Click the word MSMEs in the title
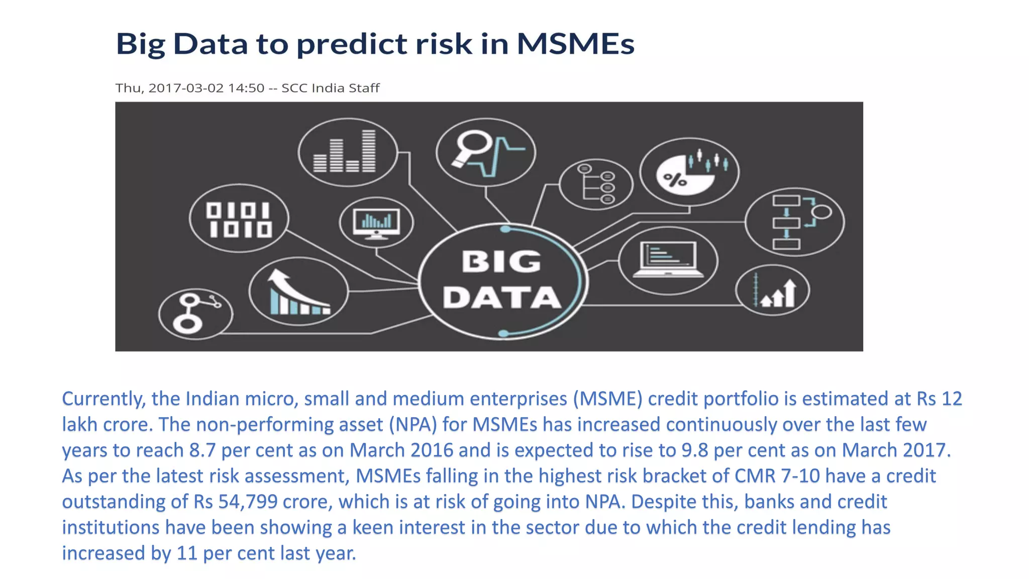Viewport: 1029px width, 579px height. click(575, 44)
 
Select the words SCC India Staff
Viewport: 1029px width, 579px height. click(330, 88)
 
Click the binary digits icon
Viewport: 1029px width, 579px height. click(239, 219)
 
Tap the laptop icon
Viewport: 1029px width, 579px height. click(668, 260)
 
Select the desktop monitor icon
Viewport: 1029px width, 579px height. click(376, 223)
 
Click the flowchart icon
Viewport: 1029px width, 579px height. click(795, 222)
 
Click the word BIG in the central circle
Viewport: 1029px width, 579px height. click(501, 262)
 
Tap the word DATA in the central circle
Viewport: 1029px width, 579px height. click(501, 298)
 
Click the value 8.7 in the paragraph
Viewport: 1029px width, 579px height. click(202, 450)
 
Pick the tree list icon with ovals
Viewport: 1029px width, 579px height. click(596, 183)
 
